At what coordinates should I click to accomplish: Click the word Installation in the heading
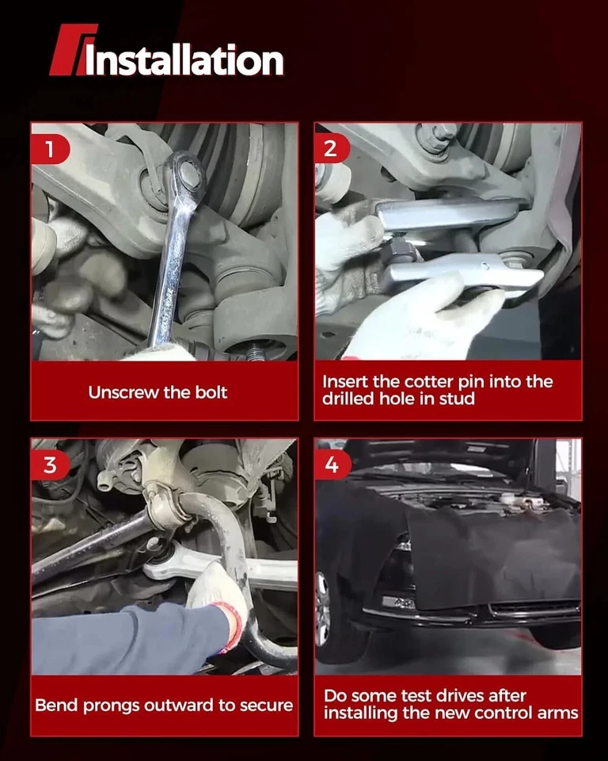tap(184, 60)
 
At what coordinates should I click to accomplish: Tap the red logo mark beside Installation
tap(72, 49)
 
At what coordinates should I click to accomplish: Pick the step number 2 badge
tap(332, 148)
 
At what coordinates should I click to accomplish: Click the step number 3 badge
tap(51, 465)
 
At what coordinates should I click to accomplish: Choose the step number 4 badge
tap(332, 465)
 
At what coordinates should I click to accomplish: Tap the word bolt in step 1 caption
tap(211, 392)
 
